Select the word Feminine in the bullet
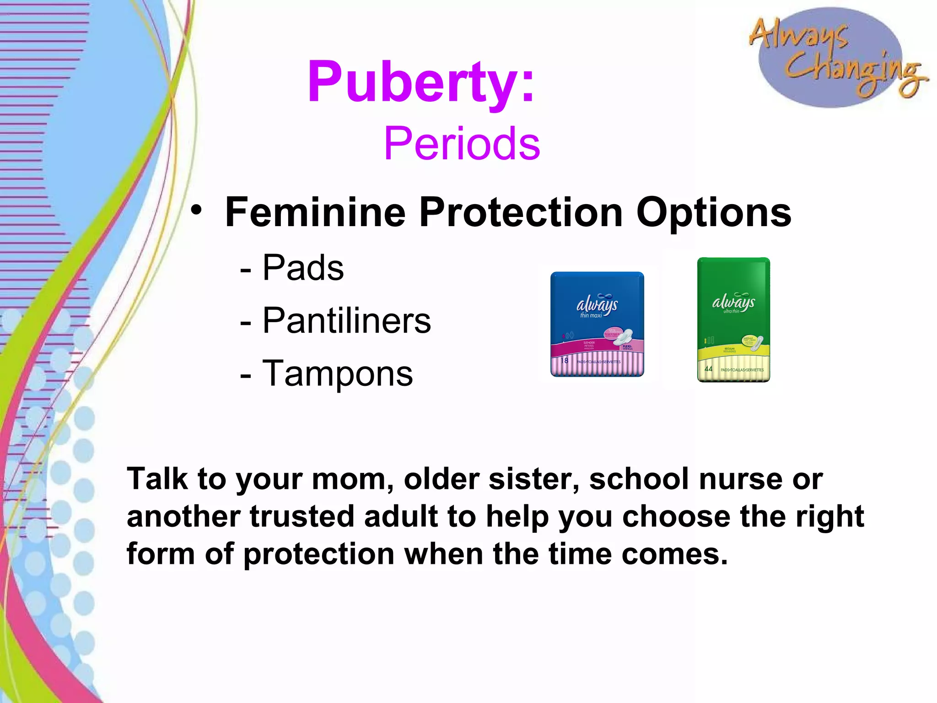316,212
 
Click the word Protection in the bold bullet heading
521,212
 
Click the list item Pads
303,268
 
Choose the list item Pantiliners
346,320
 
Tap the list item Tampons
337,373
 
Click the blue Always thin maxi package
597,324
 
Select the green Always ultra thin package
733,319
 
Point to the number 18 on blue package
565,361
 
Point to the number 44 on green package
708,369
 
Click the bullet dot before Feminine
196,210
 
